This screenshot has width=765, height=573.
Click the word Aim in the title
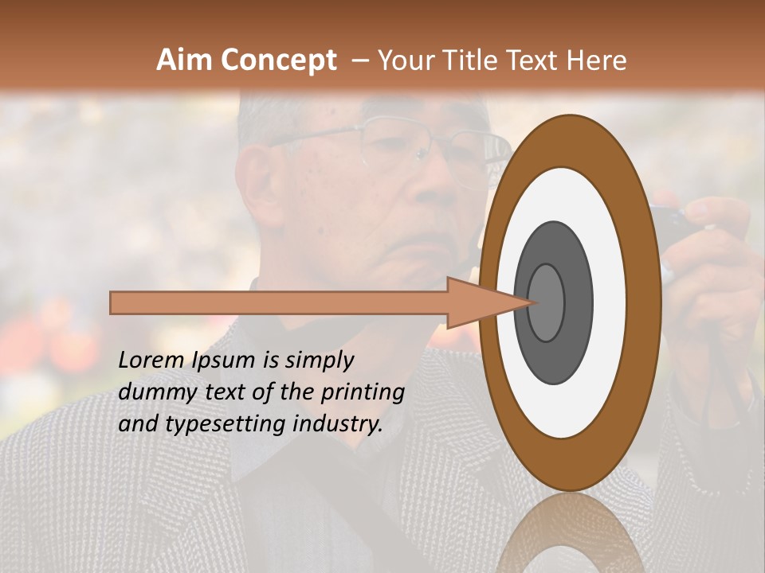point(185,60)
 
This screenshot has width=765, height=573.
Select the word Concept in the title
point(277,60)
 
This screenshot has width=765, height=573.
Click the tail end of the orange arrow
point(113,302)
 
